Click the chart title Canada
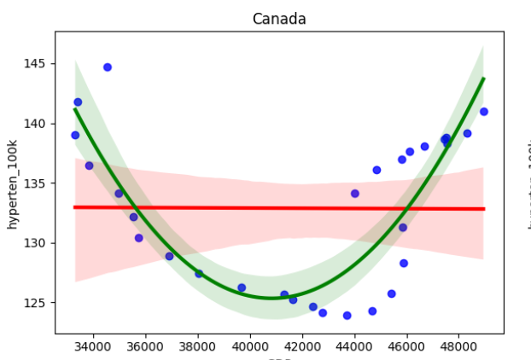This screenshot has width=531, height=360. point(279,19)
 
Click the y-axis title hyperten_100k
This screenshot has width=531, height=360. point(13,183)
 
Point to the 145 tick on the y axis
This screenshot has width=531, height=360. point(38,64)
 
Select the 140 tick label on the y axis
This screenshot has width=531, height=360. point(38,124)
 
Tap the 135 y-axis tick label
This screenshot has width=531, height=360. point(38,183)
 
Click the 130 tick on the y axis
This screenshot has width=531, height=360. point(38,243)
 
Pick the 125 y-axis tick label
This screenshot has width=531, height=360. point(38,303)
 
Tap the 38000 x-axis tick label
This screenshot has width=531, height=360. point(199,346)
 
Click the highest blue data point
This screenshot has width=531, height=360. point(108,67)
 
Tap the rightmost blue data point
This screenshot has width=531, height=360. point(484,112)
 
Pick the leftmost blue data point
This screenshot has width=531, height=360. point(75,135)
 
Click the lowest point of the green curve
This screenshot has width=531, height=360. point(271,298)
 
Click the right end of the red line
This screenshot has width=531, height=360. point(484,208)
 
